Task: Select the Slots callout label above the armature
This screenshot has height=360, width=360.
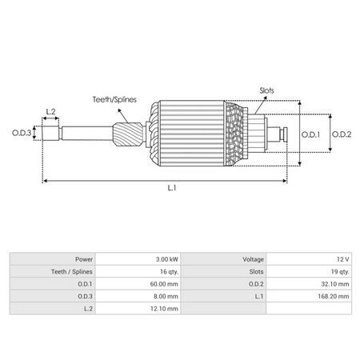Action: pyautogui.click(x=267, y=90)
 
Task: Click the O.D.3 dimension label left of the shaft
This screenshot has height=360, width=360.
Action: pyautogui.click(x=22, y=134)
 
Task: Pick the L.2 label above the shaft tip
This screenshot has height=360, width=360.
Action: pyautogui.click(x=50, y=111)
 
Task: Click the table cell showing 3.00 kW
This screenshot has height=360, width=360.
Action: pyautogui.click(x=167, y=260)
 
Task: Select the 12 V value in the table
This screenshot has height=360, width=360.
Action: pyautogui.click(x=342, y=260)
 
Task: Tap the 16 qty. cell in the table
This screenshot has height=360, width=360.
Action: pyautogui.click(x=168, y=272)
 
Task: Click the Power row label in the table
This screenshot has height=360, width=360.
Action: pyautogui.click(x=83, y=260)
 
